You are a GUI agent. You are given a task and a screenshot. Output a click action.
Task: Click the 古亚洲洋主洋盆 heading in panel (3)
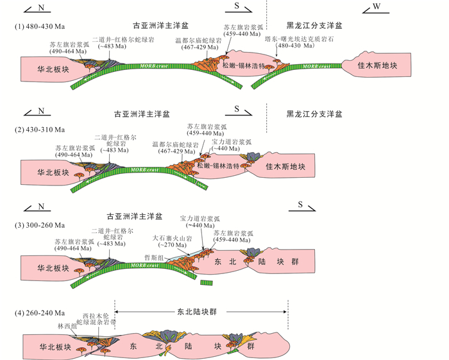pyautogui.click(x=134, y=217)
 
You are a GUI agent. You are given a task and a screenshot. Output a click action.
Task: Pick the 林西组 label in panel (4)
pyautogui.click(x=69, y=326)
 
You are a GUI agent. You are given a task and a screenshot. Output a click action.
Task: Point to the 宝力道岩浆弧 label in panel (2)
pyautogui.click(x=232, y=142)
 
